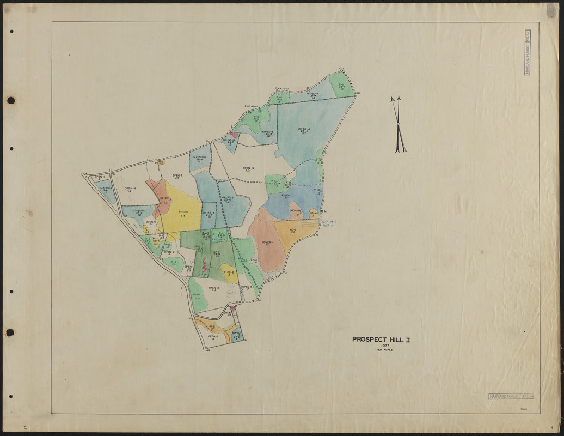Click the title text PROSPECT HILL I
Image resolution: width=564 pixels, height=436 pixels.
point(381,339)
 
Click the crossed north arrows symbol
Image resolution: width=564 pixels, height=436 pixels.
point(398,124)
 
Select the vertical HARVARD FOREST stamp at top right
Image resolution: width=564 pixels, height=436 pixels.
point(527,52)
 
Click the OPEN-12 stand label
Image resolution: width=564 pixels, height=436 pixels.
point(248,169)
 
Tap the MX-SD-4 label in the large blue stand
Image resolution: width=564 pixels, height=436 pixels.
point(303,130)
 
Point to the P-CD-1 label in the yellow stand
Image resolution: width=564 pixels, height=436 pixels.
point(182,213)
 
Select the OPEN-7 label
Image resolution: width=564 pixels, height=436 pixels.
point(177,177)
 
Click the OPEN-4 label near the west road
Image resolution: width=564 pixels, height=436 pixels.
point(130,190)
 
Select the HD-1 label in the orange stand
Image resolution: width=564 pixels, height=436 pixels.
point(292,231)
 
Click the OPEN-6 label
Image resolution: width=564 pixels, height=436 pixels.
point(213,289)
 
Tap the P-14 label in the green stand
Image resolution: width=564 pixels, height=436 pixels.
point(197,296)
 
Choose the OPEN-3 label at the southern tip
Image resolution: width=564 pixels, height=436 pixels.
point(213,338)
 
